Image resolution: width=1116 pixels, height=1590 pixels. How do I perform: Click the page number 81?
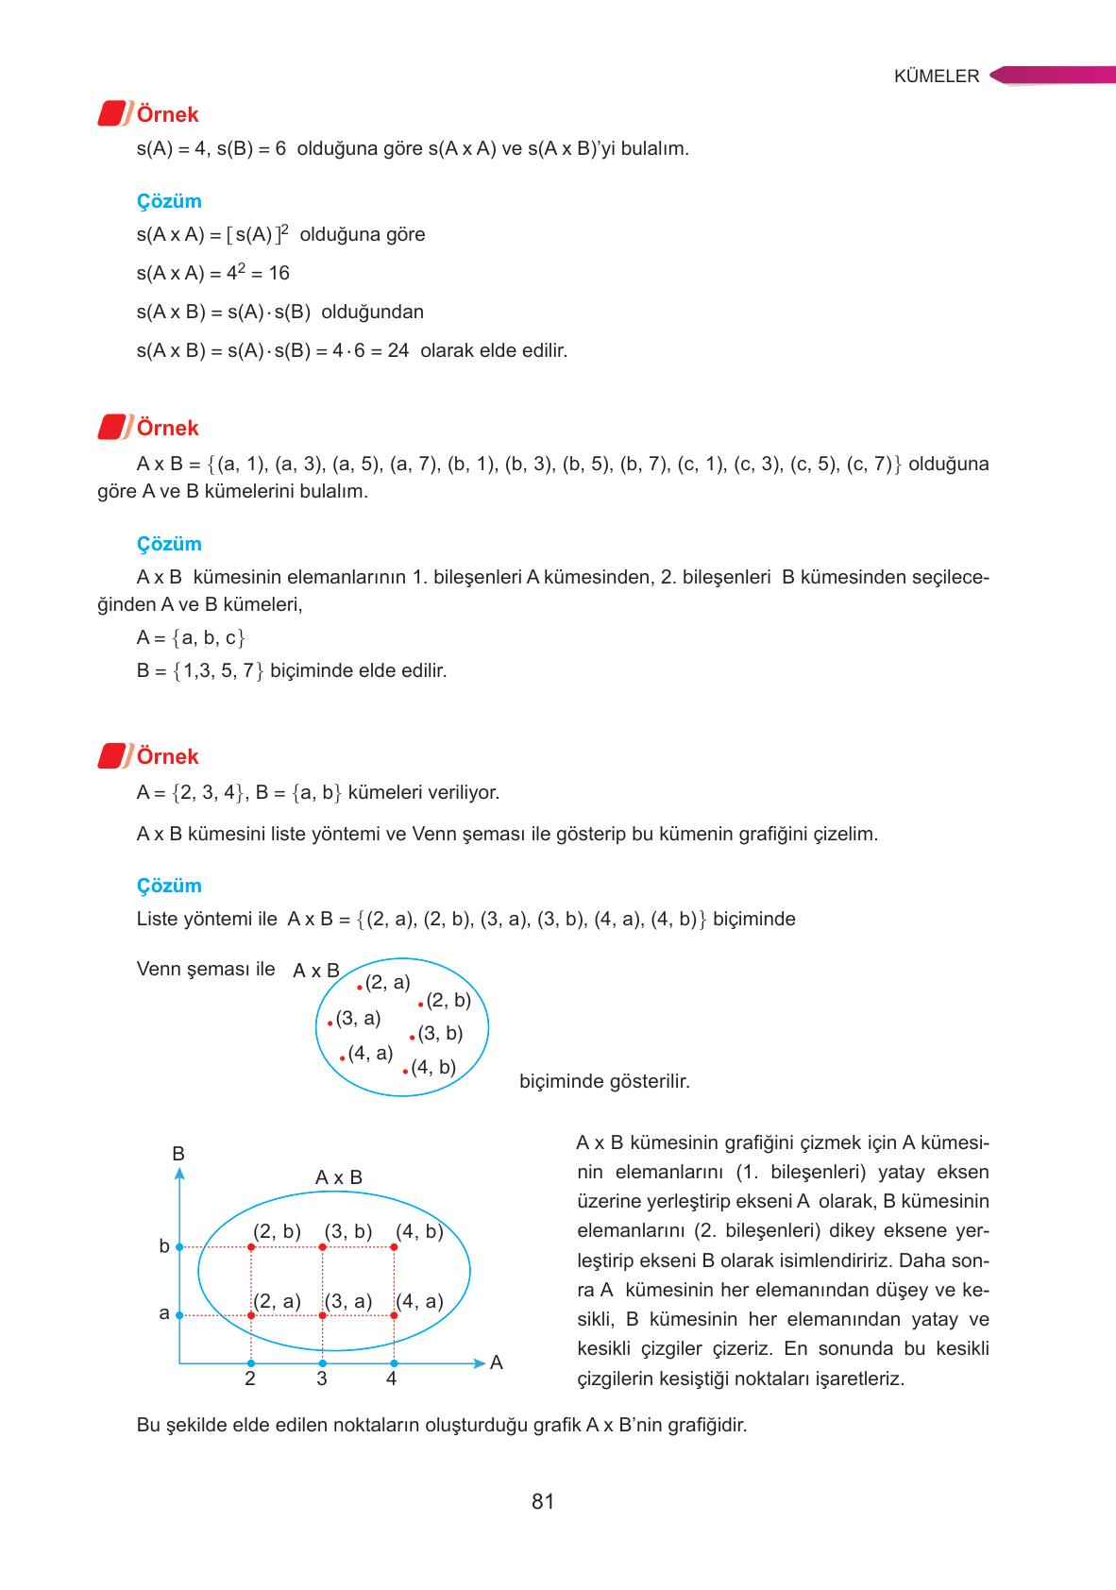click(x=543, y=1501)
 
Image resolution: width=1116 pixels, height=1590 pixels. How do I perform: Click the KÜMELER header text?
click(x=937, y=77)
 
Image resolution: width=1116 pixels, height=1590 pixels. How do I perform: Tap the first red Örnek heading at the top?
click(x=167, y=114)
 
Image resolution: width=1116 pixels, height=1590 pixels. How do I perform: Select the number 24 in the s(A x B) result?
click(x=397, y=350)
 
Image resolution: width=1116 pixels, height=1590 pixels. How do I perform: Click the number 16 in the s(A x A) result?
click(x=279, y=273)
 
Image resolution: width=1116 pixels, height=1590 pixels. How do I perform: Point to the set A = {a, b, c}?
click(x=191, y=637)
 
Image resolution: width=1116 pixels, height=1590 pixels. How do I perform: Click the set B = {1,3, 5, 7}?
click(x=201, y=670)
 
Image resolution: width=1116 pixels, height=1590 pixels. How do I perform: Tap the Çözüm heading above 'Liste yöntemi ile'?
click(x=169, y=886)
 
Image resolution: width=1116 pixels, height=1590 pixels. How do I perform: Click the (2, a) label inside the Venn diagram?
click(x=387, y=982)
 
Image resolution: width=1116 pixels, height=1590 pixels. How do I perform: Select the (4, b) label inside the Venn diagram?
click(x=433, y=1067)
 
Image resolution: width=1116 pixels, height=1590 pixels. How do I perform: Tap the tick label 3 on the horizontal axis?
click(x=322, y=1379)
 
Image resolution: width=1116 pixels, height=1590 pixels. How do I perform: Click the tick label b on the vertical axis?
click(x=164, y=1246)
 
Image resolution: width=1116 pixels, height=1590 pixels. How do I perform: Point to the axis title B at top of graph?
click(x=178, y=1154)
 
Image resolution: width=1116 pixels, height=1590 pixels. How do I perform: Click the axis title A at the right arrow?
click(x=497, y=1362)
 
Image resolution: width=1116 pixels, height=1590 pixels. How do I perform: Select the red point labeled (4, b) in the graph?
click(x=394, y=1247)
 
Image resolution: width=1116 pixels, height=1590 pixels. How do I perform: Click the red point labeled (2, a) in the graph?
click(x=251, y=1315)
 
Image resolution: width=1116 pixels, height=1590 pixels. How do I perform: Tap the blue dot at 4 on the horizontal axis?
click(x=394, y=1363)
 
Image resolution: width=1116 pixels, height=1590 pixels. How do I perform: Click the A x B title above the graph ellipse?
click(x=338, y=1177)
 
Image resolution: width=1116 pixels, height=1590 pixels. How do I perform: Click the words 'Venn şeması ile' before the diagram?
click(x=206, y=969)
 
